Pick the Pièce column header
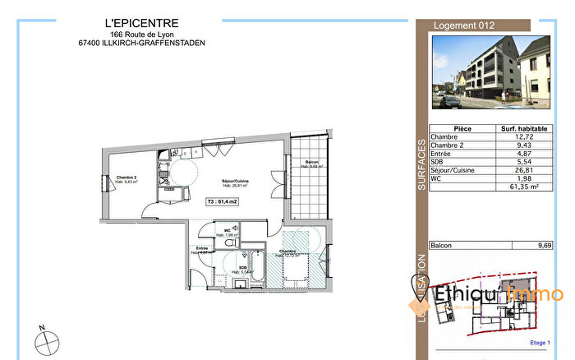[x=462, y=129]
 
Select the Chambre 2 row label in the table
[x=448, y=147]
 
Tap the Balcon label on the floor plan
[x=312, y=162]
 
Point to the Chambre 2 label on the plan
[x=125, y=178]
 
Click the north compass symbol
[x=44, y=338]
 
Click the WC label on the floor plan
[x=215, y=229]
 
